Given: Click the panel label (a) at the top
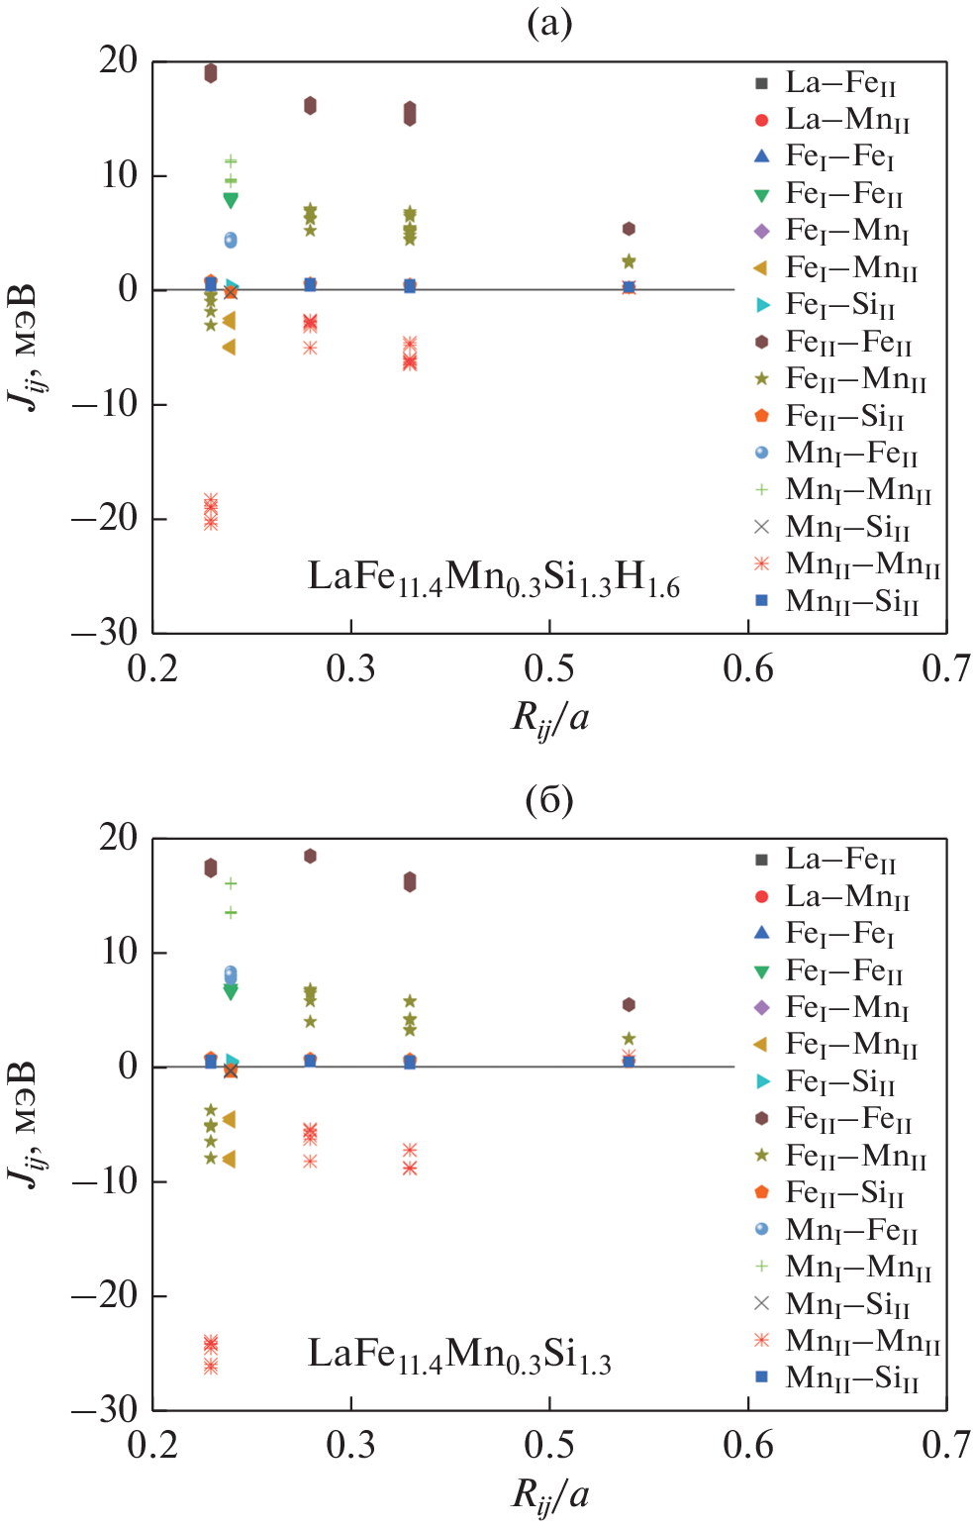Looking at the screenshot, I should click(549, 23).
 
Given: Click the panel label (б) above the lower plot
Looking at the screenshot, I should click(549, 799).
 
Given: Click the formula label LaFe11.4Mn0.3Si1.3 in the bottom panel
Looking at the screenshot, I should click(458, 1354).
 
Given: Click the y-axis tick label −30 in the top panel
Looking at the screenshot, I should click(104, 632).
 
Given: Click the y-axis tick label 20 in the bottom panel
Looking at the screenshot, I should click(118, 838).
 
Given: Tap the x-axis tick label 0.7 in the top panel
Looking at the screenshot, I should click(945, 669).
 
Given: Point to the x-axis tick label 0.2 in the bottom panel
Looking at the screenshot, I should click(152, 1446).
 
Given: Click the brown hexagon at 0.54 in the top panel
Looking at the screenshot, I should click(629, 229).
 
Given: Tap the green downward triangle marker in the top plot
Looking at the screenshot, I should click(231, 200).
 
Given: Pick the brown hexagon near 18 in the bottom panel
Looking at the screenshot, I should click(310, 856).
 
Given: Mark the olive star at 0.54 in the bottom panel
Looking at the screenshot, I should click(629, 1039).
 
